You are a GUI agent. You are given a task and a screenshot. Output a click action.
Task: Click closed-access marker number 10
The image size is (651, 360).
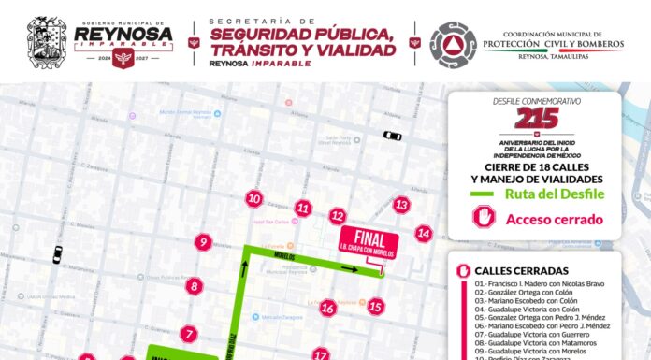pos(253,198)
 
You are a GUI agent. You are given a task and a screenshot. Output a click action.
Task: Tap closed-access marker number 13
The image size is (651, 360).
pos(401,205)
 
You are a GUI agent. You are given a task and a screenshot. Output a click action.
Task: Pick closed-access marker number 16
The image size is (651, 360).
pos(327,308)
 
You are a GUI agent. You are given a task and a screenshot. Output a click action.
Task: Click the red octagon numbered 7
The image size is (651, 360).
pos(190,334)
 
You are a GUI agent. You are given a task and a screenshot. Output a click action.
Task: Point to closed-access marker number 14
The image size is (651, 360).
pos(424,234)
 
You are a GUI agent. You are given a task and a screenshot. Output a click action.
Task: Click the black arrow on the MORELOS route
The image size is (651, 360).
pos(349,268)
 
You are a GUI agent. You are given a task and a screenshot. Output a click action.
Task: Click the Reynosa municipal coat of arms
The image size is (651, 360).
pos(47,41)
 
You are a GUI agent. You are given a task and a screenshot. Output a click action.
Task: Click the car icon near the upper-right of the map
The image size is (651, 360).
pos(392,136)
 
